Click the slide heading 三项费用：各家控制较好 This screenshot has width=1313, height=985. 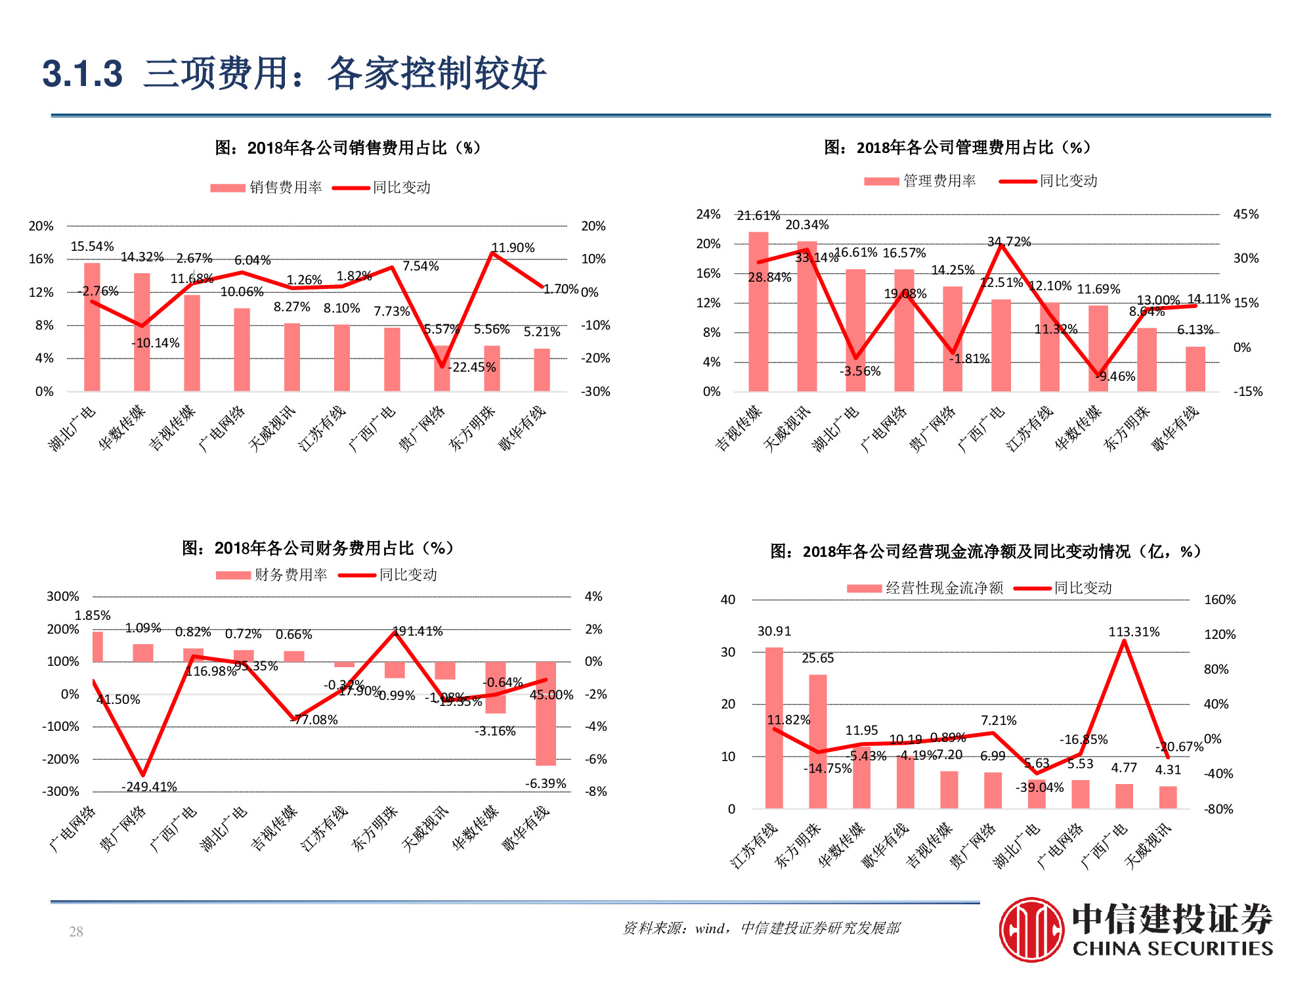pyautogui.click(x=345, y=73)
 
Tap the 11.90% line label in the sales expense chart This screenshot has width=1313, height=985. pyautogui.click(x=513, y=248)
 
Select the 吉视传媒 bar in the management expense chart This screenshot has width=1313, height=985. pyautogui.click(x=758, y=312)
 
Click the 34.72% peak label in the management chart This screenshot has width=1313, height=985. pyautogui.click(x=1009, y=242)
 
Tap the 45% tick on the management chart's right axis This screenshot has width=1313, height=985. pyautogui.click(x=1245, y=214)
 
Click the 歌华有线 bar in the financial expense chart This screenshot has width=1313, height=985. pyautogui.click(x=546, y=713)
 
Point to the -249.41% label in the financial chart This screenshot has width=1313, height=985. pyautogui.click(x=149, y=787)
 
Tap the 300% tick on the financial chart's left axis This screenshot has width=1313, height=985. pyautogui.click(x=62, y=596)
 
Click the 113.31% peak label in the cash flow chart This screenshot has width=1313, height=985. pyautogui.click(x=1134, y=632)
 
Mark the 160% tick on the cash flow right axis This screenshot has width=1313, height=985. pyautogui.click(x=1219, y=600)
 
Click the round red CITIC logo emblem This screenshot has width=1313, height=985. pyautogui.click(x=1031, y=929)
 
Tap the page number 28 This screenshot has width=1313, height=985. pyautogui.click(x=76, y=931)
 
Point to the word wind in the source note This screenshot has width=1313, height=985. pyautogui.click(x=709, y=928)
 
